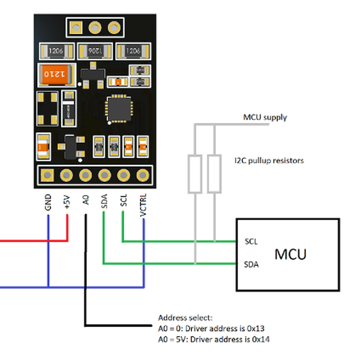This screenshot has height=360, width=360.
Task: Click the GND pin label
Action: (47, 203)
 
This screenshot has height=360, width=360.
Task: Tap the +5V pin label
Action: (67, 202)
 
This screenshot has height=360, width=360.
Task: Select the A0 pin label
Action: (86, 200)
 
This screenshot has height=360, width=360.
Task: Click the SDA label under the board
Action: (104, 201)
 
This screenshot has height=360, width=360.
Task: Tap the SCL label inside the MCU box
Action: (251, 241)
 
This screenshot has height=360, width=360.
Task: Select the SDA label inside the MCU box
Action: (252, 263)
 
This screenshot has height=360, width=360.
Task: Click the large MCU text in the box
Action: (290, 254)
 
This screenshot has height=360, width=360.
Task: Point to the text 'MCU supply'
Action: (265, 117)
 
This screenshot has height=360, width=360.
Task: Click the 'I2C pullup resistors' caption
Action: (269, 161)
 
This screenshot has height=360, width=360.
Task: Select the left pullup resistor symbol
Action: (195, 174)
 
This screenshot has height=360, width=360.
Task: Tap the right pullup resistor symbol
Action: (214, 174)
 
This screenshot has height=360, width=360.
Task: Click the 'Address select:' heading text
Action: (185, 317)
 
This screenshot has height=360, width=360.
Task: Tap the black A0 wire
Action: (86, 270)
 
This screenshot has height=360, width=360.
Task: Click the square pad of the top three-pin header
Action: (76, 28)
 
